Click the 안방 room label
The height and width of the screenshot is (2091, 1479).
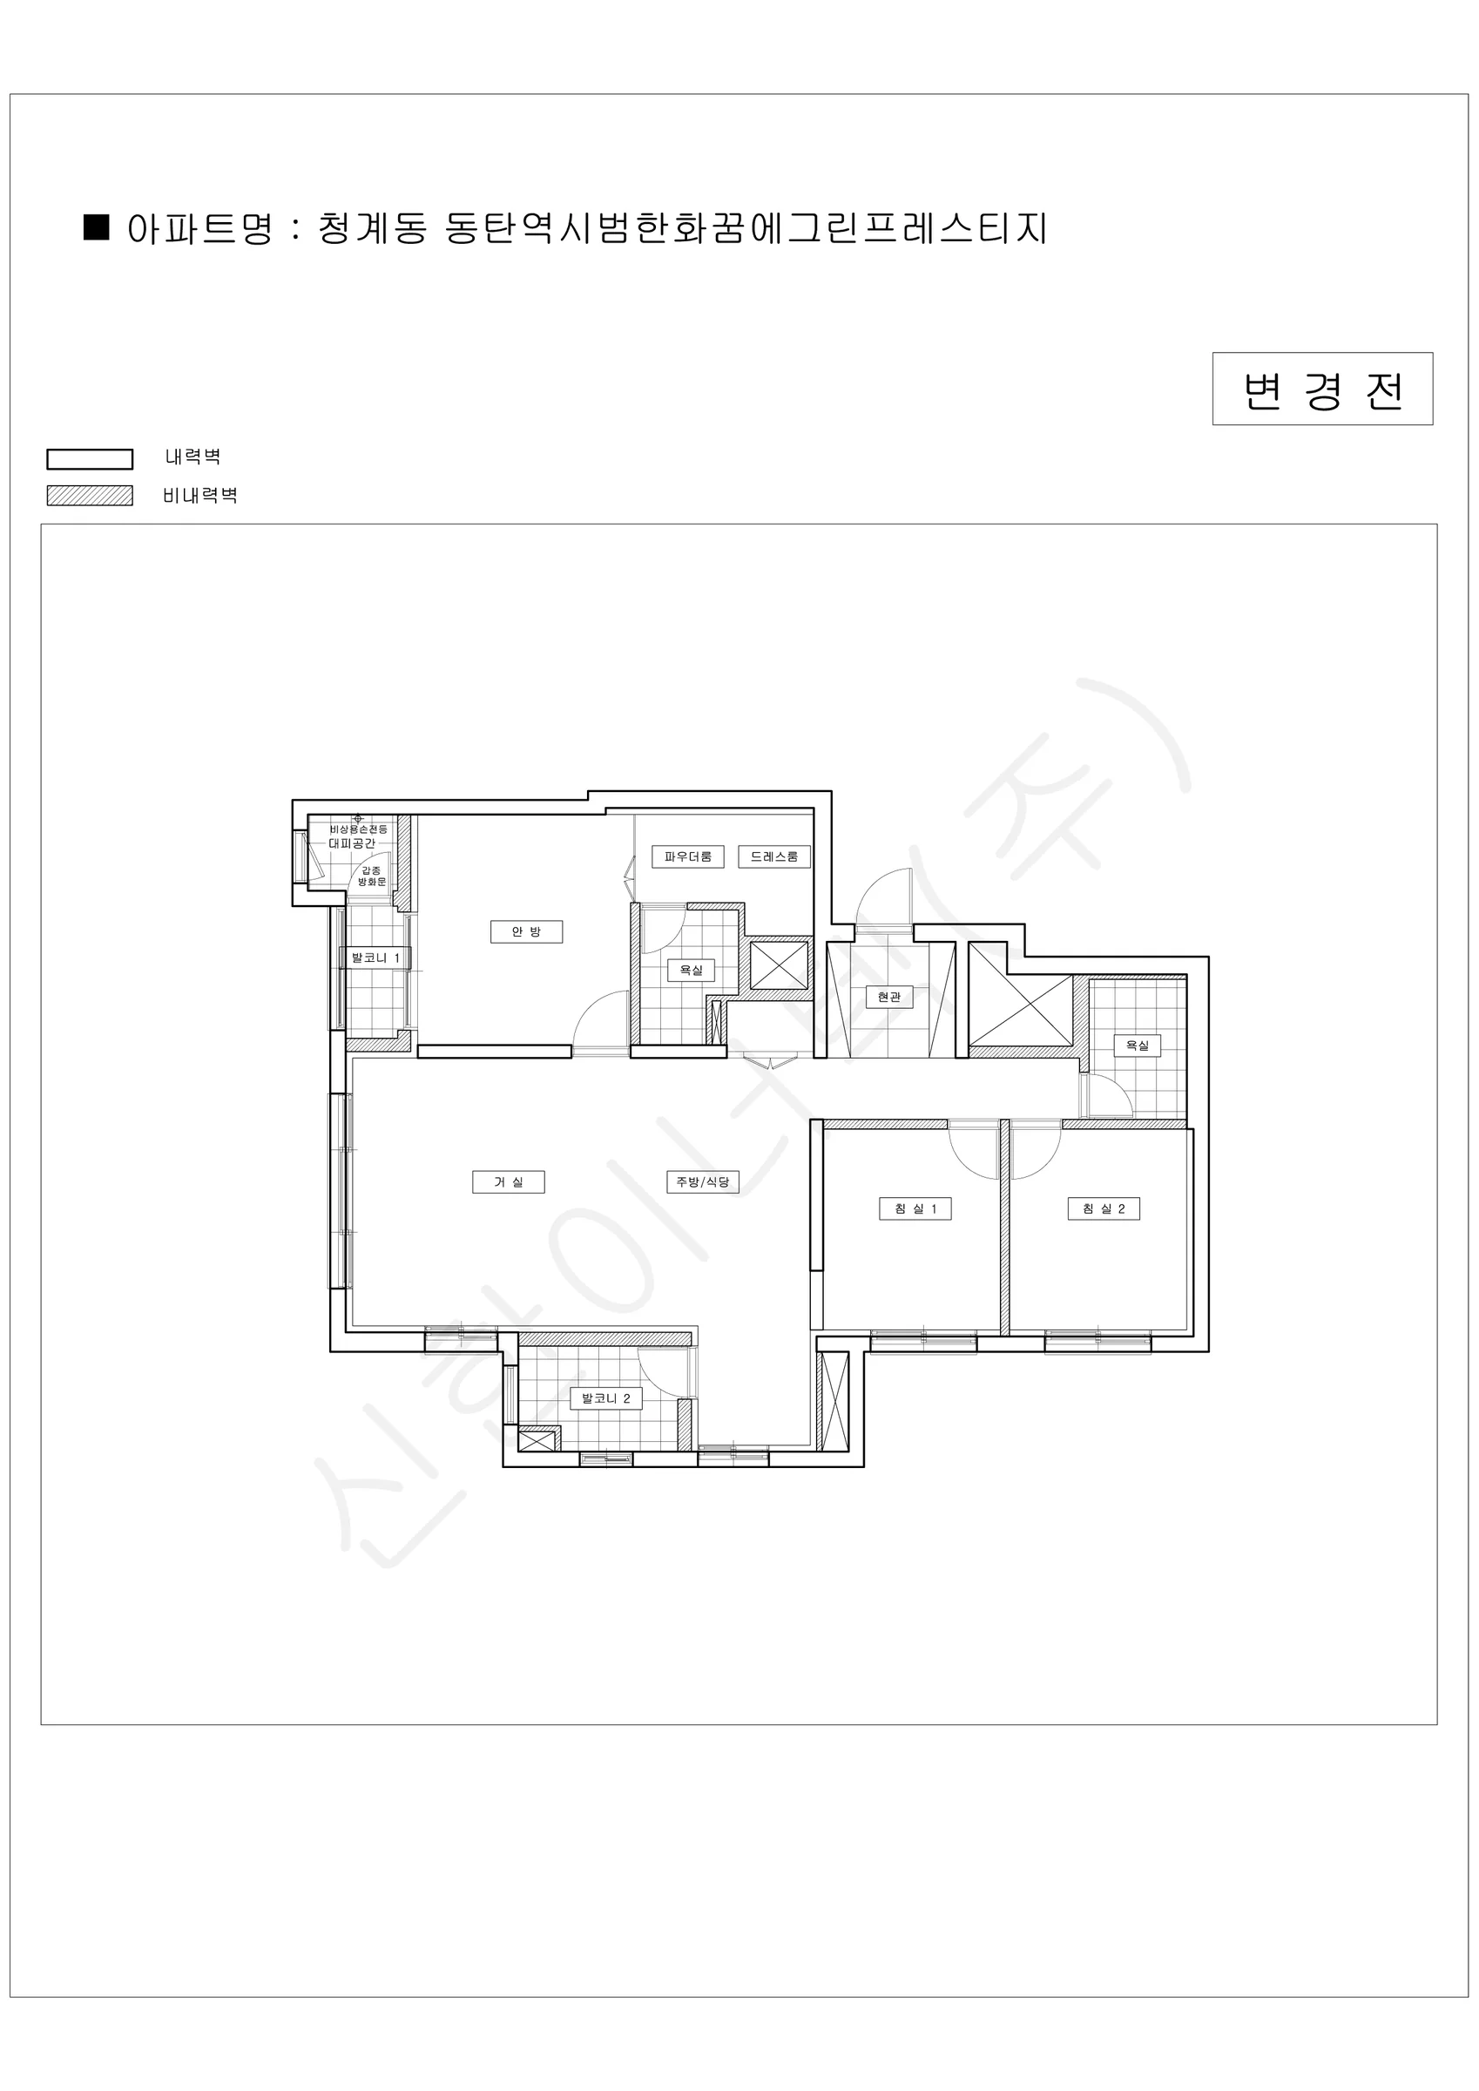[526, 931]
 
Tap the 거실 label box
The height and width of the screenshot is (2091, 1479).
[508, 1182]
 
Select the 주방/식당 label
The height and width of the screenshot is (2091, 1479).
[702, 1182]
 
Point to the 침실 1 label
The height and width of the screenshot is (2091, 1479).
[915, 1208]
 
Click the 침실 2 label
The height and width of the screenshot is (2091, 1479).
[1104, 1208]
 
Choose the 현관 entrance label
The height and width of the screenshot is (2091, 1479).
[888, 997]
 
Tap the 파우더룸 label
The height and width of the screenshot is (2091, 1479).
[687, 856]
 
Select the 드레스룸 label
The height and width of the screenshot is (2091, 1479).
[774, 856]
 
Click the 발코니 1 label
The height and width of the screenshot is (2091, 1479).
[375, 958]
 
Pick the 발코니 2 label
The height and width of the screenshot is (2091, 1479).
[605, 1398]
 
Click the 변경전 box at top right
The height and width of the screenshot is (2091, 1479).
[1322, 389]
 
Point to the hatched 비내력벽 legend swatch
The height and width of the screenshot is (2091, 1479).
[91, 496]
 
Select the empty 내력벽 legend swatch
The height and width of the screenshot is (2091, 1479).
[91, 458]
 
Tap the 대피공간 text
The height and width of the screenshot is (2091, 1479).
[352, 843]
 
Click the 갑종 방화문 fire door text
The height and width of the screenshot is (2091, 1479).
[372, 876]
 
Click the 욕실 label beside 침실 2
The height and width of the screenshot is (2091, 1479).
[1138, 1045]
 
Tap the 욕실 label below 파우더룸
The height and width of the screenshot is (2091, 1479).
[692, 970]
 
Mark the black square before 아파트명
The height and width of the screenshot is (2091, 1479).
[97, 227]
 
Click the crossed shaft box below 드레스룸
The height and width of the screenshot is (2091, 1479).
[779, 965]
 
